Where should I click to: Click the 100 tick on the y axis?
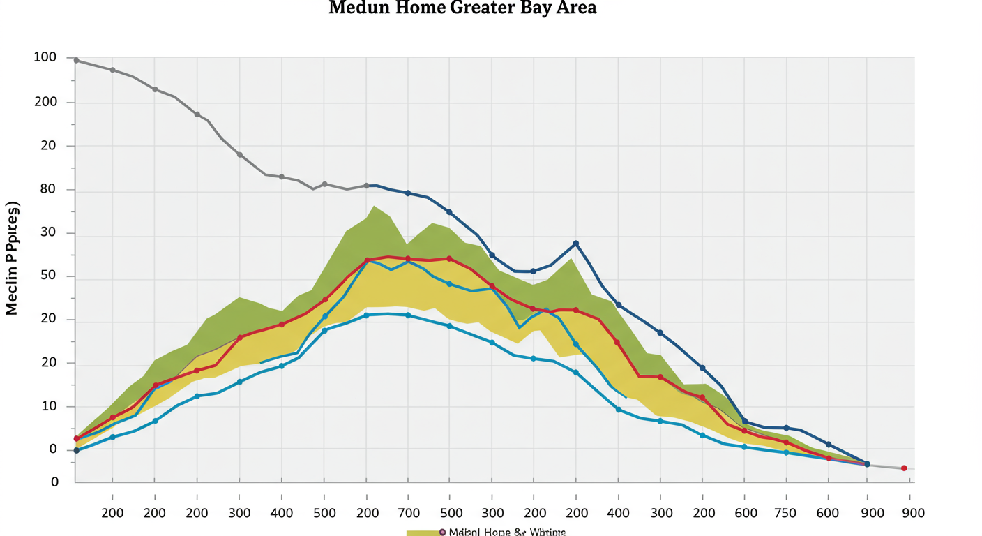[x=45, y=57]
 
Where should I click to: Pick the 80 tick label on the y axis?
[x=48, y=189]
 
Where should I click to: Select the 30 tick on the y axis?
[x=48, y=233]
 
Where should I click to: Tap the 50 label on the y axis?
[x=48, y=276]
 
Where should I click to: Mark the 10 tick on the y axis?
[x=48, y=406]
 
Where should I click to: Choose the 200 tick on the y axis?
[x=45, y=102]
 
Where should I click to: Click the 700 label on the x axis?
[x=409, y=513]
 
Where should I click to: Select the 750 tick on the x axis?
[x=786, y=513]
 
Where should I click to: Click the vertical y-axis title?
[x=13, y=258]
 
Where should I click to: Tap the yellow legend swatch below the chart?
[x=423, y=533]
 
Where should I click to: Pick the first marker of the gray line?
[x=76, y=61]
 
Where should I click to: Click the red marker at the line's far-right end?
[x=904, y=468]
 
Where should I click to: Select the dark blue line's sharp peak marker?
[x=576, y=244]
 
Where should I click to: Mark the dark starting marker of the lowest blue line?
[x=76, y=450]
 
